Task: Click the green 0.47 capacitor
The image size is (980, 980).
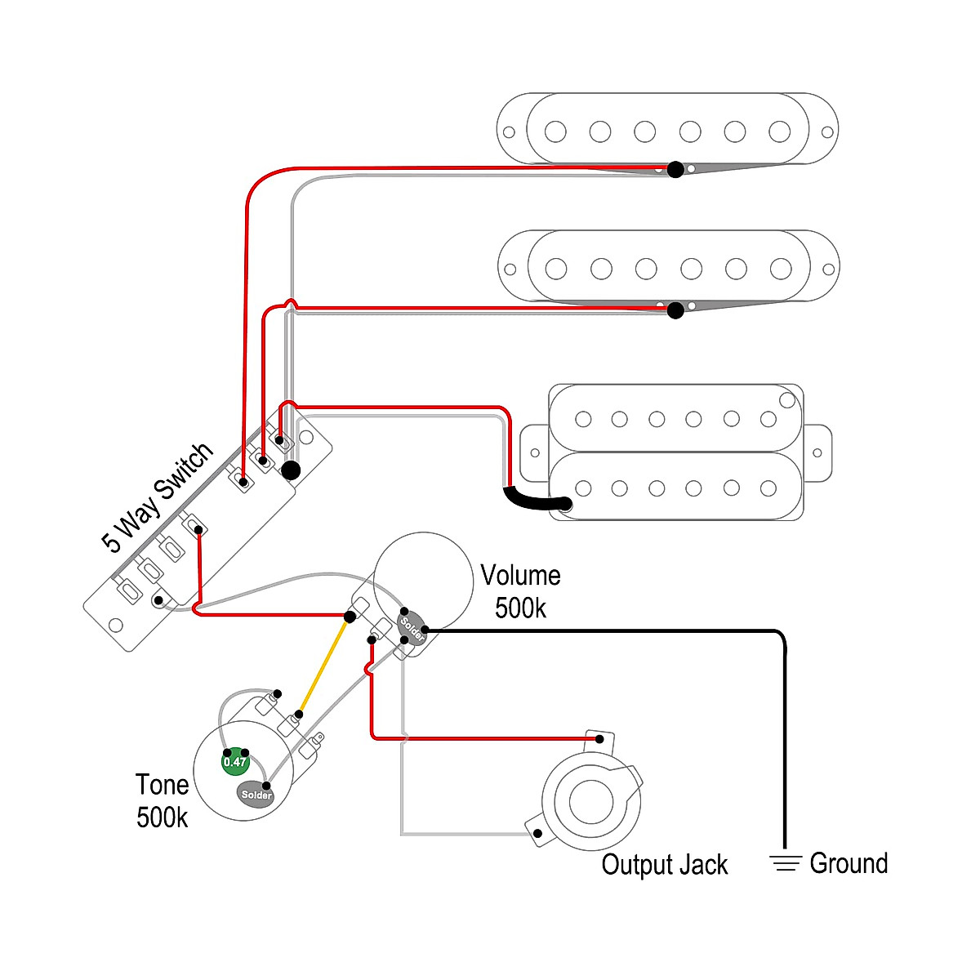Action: pos(235,761)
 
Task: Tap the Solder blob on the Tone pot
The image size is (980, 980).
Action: pos(256,794)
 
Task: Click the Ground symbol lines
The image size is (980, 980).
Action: pos(786,863)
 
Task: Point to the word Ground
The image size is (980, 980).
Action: pos(849,863)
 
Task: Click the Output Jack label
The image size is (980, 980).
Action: pos(664,865)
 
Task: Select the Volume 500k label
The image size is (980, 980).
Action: pos(520,591)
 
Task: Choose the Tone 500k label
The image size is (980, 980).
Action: pos(162,800)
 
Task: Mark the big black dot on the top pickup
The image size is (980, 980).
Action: pos(675,170)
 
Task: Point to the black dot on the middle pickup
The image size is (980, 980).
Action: pos(675,310)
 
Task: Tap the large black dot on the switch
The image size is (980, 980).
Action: pos(290,470)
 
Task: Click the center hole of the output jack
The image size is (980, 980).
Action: pos(590,801)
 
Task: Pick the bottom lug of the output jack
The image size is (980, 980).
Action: pos(537,834)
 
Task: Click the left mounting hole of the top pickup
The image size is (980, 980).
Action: pos(509,131)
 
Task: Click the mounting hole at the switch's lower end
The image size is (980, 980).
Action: pos(115,626)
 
